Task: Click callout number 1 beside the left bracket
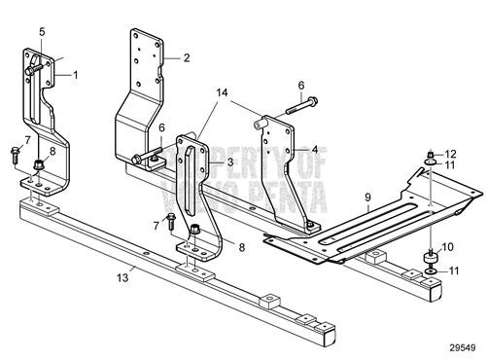point(77,74)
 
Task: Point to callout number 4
point(315,150)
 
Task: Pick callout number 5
point(42,32)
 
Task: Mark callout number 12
point(450,153)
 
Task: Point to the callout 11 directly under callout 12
point(450,166)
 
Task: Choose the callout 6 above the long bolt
point(301,86)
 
